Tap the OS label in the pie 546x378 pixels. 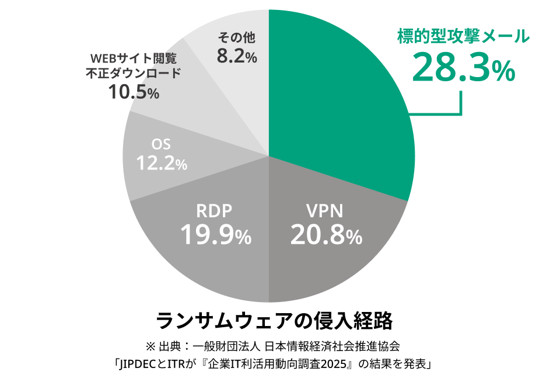[x=161, y=144]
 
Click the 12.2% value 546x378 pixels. [x=162, y=163]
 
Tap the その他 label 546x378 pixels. [x=236, y=38]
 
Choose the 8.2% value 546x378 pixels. [x=236, y=57]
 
